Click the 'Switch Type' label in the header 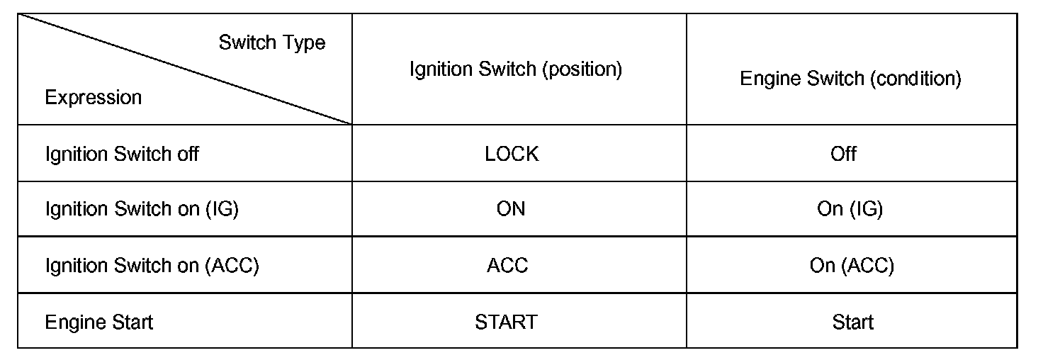(x=271, y=43)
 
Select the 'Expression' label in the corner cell (x=93, y=97)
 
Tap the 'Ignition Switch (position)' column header (x=515, y=69)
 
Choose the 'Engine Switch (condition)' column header (x=850, y=78)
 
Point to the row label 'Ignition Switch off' (x=122, y=154)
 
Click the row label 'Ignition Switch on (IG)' (x=142, y=209)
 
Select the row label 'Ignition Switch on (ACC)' (x=152, y=266)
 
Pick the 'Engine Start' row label (x=98, y=322)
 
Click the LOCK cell (x=512, y=154)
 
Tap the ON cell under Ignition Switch (x=511, y=209)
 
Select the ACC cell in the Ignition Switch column (x=507, y=266)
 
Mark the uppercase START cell (x=506, y=322)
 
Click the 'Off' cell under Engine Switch (x=843, y=154)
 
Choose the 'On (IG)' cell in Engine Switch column (x=850, y=209)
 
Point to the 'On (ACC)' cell (x=852, y=266)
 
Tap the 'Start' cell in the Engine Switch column (x=852, y=322)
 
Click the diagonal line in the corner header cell (x=184, y=69)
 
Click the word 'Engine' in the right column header (x=768, y=78)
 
